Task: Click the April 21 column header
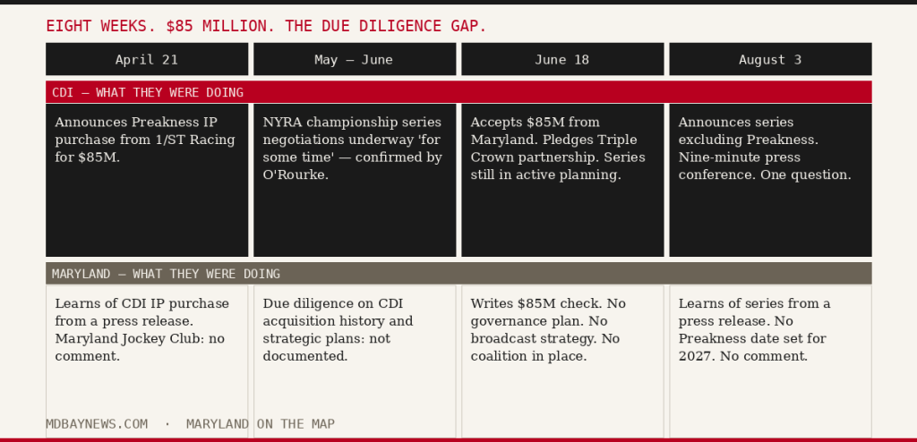point(147,59)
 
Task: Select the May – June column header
point(355,59)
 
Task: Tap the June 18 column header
point(562,59)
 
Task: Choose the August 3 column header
point(770,59)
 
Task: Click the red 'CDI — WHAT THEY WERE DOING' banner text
point(148,92)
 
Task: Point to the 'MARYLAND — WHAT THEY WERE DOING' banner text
point(166,274)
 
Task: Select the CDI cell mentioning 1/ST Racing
point(147,180)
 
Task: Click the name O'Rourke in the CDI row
point(296,174)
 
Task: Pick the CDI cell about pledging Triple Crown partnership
point(562,180)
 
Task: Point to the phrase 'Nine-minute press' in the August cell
point(739,157)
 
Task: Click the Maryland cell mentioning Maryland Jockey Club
point(147,361)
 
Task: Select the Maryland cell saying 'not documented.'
point(355,361)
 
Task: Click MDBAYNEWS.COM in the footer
point(97,424)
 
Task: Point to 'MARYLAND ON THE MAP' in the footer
point(261,424)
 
